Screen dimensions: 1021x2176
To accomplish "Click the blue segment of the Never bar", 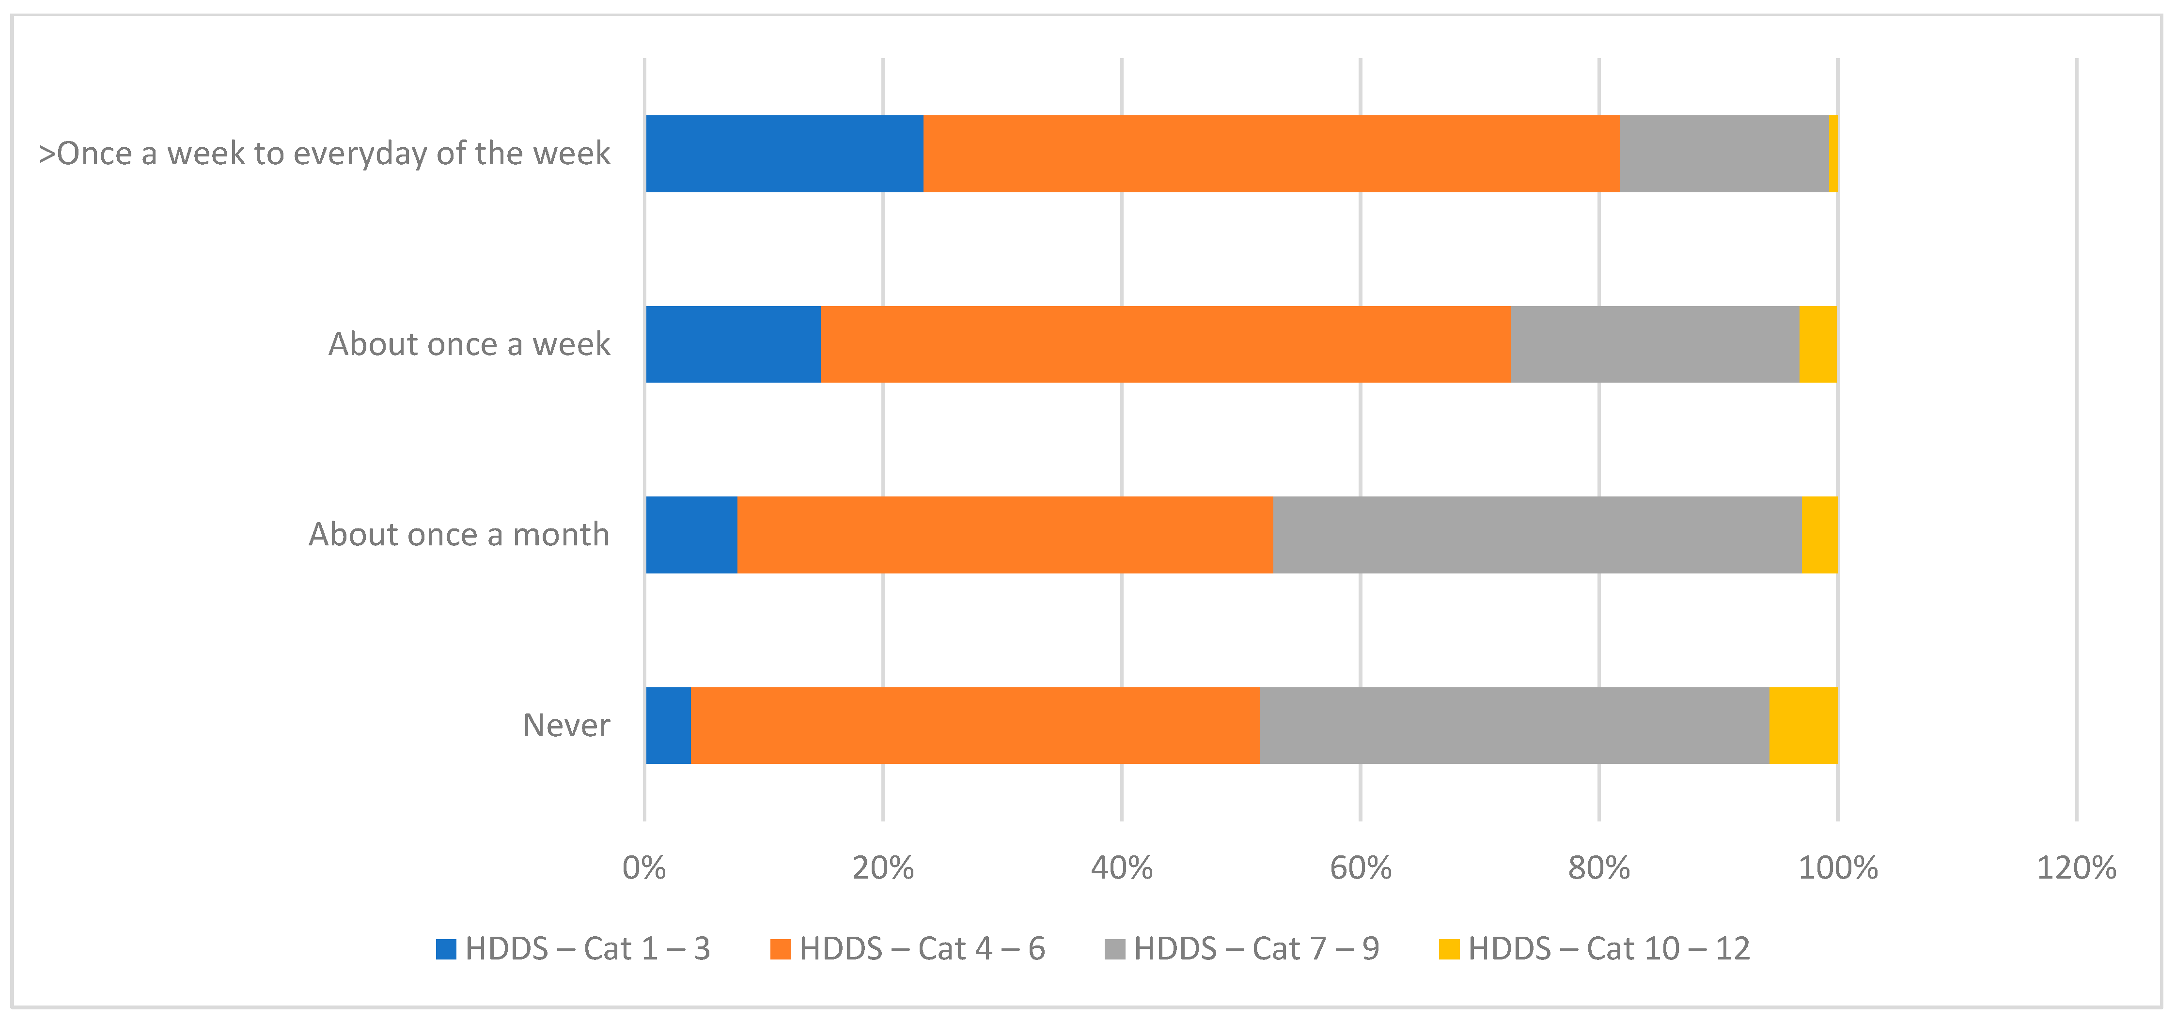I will point(668,726).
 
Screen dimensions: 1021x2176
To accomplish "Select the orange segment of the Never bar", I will point(975,726).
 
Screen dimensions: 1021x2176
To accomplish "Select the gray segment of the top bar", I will point(1724,154).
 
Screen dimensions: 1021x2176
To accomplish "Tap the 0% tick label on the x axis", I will point(644,867).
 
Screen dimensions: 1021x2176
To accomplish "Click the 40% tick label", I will point(1122,867).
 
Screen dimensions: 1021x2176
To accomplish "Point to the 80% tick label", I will point(1599,867).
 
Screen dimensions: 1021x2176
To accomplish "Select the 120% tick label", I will point(2076,867).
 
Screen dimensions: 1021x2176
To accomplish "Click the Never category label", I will point(566,726).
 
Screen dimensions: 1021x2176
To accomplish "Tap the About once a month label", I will point(459,535).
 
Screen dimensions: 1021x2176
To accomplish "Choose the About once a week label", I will point(469,344).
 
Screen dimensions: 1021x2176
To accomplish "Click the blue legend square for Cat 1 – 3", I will point(446,949).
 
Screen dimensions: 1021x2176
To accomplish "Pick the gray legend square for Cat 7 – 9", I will point(1114,949).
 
